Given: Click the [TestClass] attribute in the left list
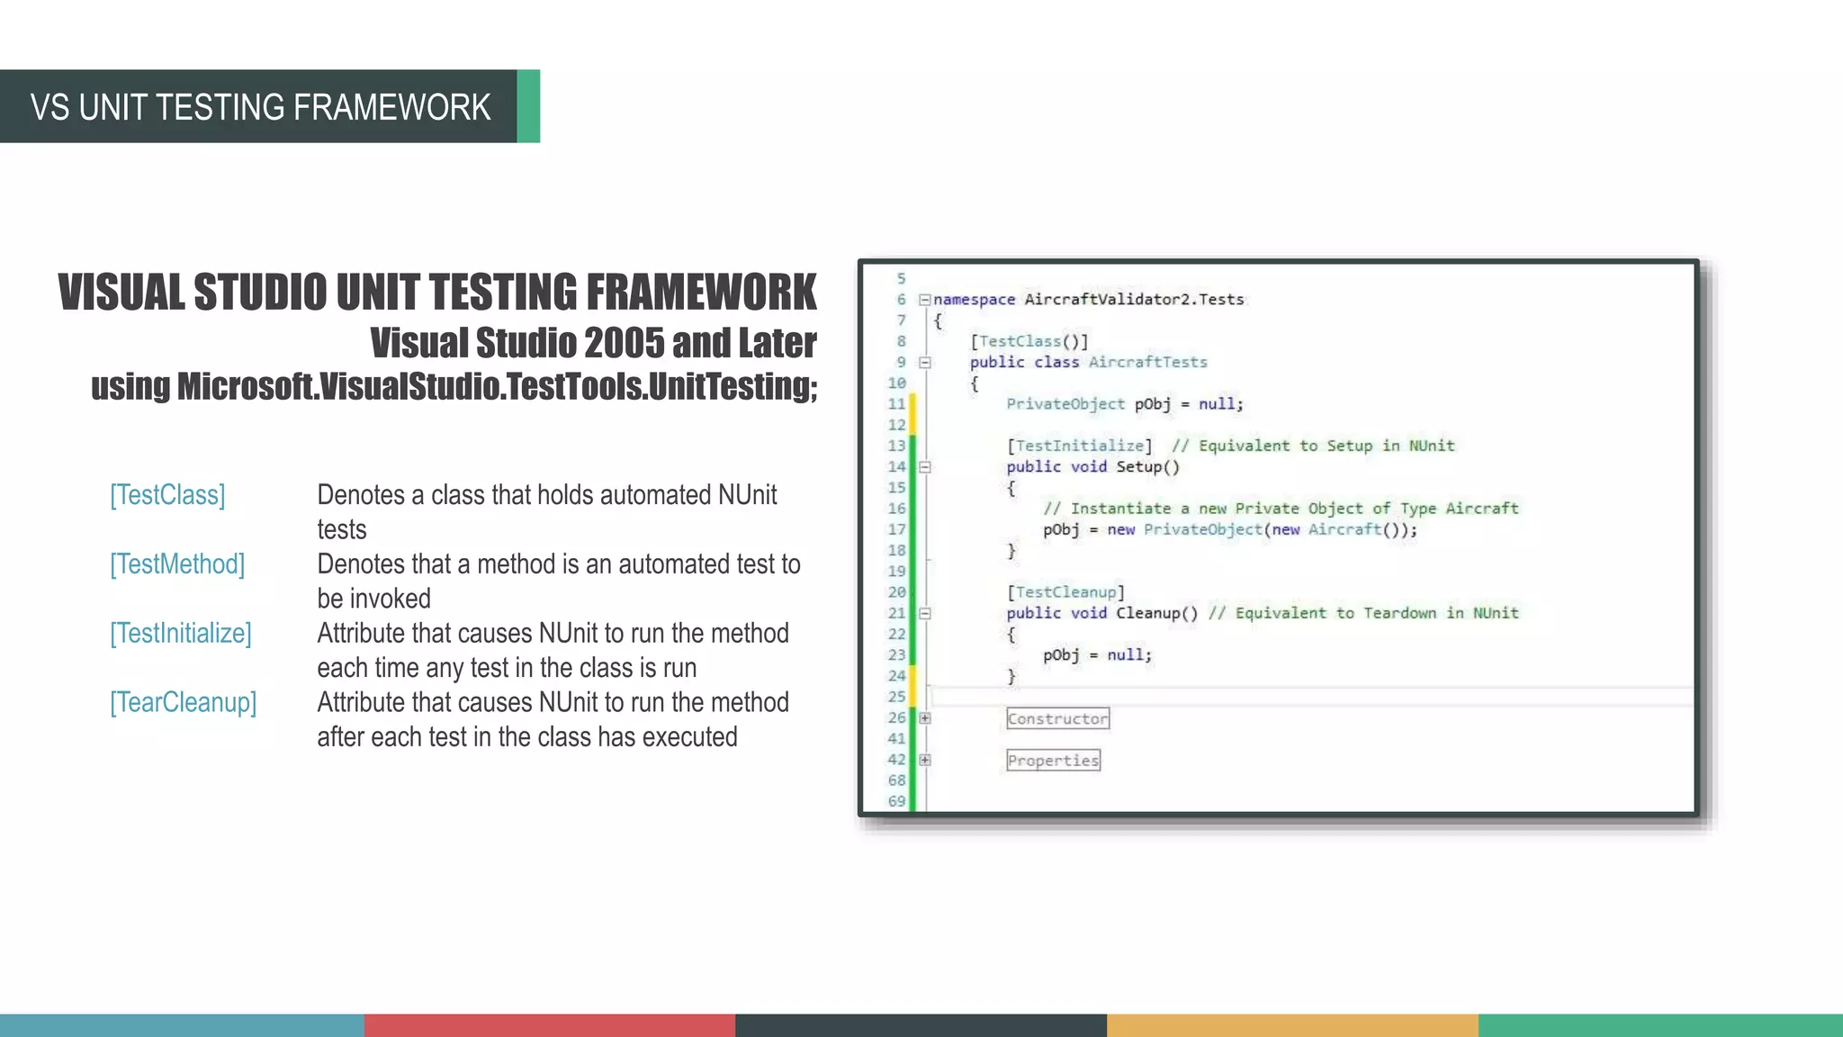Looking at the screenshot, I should [x=167, y=495].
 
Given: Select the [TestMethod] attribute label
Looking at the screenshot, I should [x=177, y=564].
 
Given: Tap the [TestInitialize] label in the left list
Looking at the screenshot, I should [x=181, y=634].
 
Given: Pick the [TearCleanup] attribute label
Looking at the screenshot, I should [x=184, y=703].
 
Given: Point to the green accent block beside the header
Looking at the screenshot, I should [x=528, y=106].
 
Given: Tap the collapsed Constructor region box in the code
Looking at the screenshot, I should [x=1057, y=718].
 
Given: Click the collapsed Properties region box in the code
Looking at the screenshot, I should [x=1053, y=761].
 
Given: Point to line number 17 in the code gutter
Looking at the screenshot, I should [x=896, y=529].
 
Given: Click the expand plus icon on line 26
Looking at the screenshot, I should [x=924, y=718].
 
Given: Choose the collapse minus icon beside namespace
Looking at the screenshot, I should [x=924, y=300].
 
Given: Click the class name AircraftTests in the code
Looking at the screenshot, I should [x=1147, y=362].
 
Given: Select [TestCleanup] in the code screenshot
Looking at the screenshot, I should [x=1065, y=591].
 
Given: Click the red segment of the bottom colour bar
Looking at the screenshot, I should [x=550, y=1025].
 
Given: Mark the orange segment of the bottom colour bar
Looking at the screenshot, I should [x=1292, y=1025].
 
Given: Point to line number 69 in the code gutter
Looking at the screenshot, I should [x=896, y=801].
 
